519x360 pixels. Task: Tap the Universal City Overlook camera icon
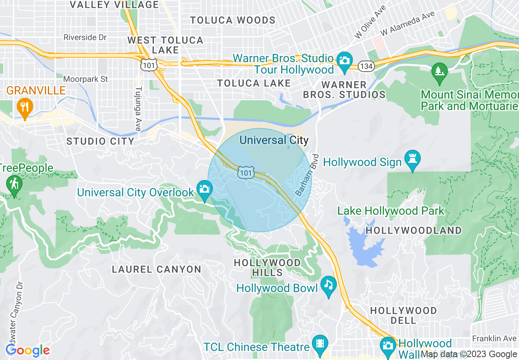pos(204,189)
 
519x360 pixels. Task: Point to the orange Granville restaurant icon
pos(25,107)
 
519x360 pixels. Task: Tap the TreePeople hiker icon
pos(14,184)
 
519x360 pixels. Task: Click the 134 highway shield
pos(365,65)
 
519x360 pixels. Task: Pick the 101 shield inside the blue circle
pos(246,173)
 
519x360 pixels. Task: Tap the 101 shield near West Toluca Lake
pos(147,64)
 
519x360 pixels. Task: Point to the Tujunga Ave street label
pos(138,109)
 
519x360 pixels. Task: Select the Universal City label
pos(274,140)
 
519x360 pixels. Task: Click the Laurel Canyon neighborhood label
pos(157,269)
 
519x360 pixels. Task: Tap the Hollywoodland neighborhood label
pos(413,230)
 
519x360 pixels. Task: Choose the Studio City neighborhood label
pos(100,142)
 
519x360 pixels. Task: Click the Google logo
pos(27,350)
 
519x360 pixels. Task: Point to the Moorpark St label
pos(86,79)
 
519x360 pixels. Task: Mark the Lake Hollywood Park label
pos(390,211)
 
